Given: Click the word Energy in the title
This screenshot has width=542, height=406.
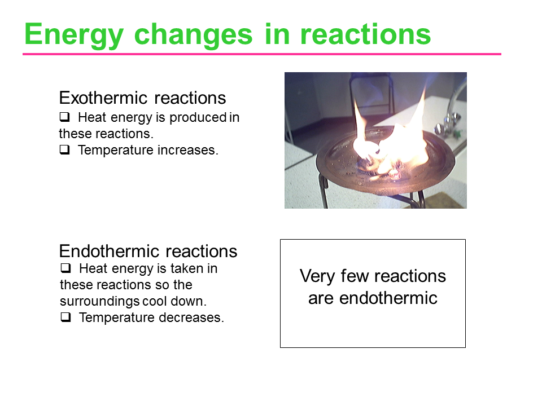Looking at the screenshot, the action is point(73,35).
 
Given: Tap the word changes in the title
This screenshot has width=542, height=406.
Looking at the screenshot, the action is point(193,34).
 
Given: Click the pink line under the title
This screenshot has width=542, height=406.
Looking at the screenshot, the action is point(261,54).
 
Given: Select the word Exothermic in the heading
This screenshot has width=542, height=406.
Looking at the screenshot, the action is point(103,98).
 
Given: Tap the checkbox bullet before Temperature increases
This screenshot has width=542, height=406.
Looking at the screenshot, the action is point(64,150).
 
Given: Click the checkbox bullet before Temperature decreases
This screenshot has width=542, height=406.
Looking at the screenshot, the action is point(65,317).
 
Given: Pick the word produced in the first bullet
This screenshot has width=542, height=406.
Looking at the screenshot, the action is point(198,118).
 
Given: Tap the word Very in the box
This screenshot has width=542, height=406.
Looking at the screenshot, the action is point(317,276).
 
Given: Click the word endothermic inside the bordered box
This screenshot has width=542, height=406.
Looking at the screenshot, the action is point(388,298).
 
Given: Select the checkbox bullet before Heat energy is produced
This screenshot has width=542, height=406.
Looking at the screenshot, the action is point(64,117).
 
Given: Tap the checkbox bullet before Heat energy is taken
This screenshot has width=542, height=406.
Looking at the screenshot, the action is point(65,268).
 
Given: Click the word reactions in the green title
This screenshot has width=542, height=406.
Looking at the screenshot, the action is point(365,34).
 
